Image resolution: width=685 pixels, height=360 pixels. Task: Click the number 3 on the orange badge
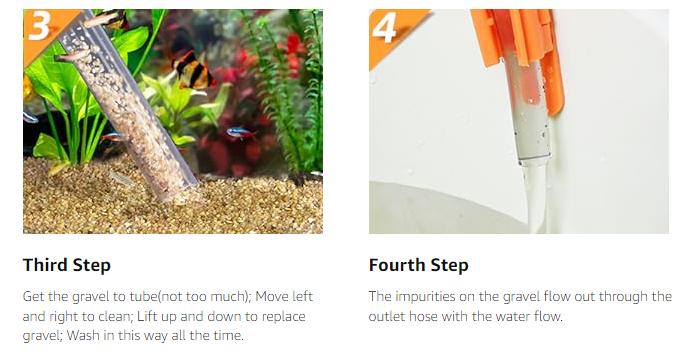click(39, 26)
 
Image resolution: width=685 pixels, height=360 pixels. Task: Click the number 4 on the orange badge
click(384, 28)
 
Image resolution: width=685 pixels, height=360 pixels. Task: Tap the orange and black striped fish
click(194, 71)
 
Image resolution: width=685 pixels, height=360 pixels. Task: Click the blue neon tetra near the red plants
click(241, 132)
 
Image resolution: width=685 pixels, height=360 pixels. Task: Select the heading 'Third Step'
click(67, 265)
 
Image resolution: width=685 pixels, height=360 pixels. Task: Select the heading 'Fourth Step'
click(419, 265)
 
